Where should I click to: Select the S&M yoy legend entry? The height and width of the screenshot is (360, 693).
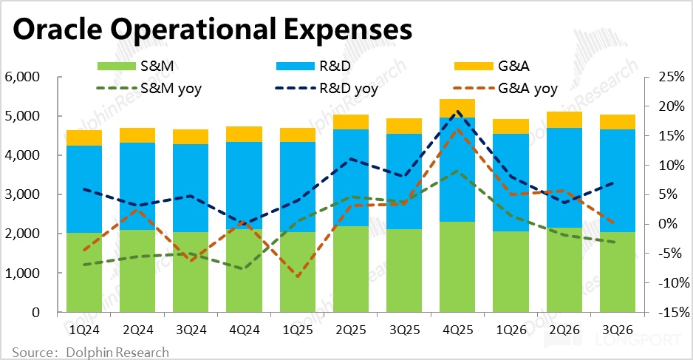coord(154,89)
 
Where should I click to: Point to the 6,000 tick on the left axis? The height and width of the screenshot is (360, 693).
coord(23,77)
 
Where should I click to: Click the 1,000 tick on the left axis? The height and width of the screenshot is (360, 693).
coord(23,274)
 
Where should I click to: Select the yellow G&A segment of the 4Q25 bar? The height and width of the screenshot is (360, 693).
coord(457,108)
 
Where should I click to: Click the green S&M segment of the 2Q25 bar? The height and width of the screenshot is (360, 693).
coord(350,269)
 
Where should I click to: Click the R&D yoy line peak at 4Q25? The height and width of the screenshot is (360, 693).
coord(458,112)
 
